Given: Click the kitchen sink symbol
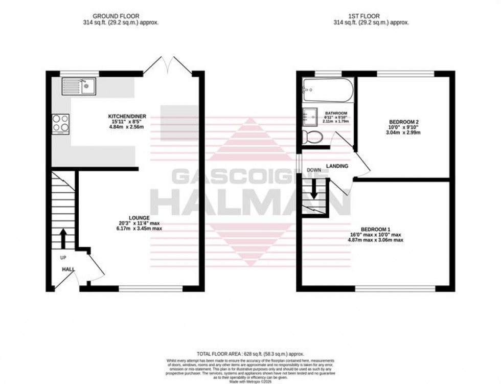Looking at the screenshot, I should point(78,86).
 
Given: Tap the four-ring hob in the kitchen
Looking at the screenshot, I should point(61,123).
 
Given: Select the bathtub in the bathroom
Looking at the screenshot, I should point(325,90).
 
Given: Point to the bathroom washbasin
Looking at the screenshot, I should point(310,117).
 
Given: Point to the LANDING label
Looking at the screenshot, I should point(337,166).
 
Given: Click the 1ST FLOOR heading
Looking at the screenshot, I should point(371,16).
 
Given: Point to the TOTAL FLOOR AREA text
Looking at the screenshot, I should point(250,353).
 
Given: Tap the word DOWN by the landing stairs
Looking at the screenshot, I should point(313,170).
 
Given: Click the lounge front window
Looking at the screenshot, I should point(150,289).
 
